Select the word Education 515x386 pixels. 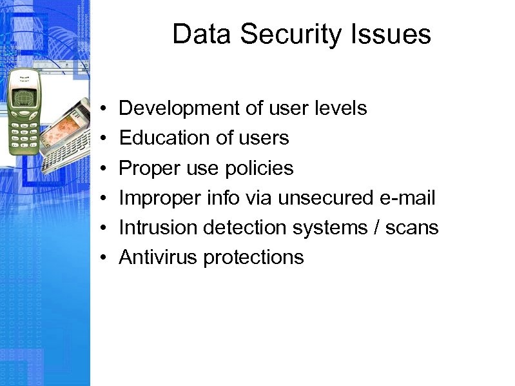click(158, 138)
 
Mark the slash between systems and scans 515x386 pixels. click(376, 228)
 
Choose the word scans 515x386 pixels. click(412, 228)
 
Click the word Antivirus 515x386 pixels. click(159, 258)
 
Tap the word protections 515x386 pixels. click(253, 258)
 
